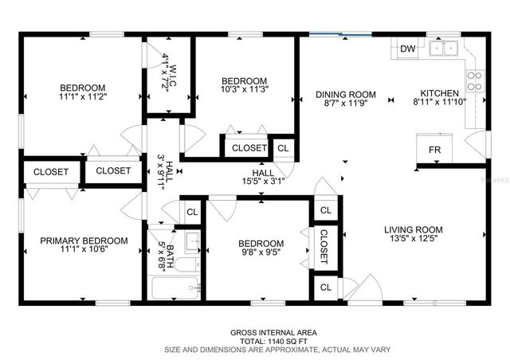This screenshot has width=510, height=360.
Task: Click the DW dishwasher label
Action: [407, 49]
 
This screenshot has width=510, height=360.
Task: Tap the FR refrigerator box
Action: [434, 150]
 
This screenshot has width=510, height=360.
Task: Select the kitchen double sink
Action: [442, 49]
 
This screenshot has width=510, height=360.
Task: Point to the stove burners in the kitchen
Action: [473, 80]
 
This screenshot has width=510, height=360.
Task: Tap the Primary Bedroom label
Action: [84, 241]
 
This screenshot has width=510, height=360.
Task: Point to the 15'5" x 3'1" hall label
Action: [263, 182]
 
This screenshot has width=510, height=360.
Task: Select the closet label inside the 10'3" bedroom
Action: [249, 148]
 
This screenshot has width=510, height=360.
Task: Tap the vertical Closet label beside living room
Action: [324, 246]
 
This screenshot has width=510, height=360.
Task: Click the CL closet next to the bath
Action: [191, 212]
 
